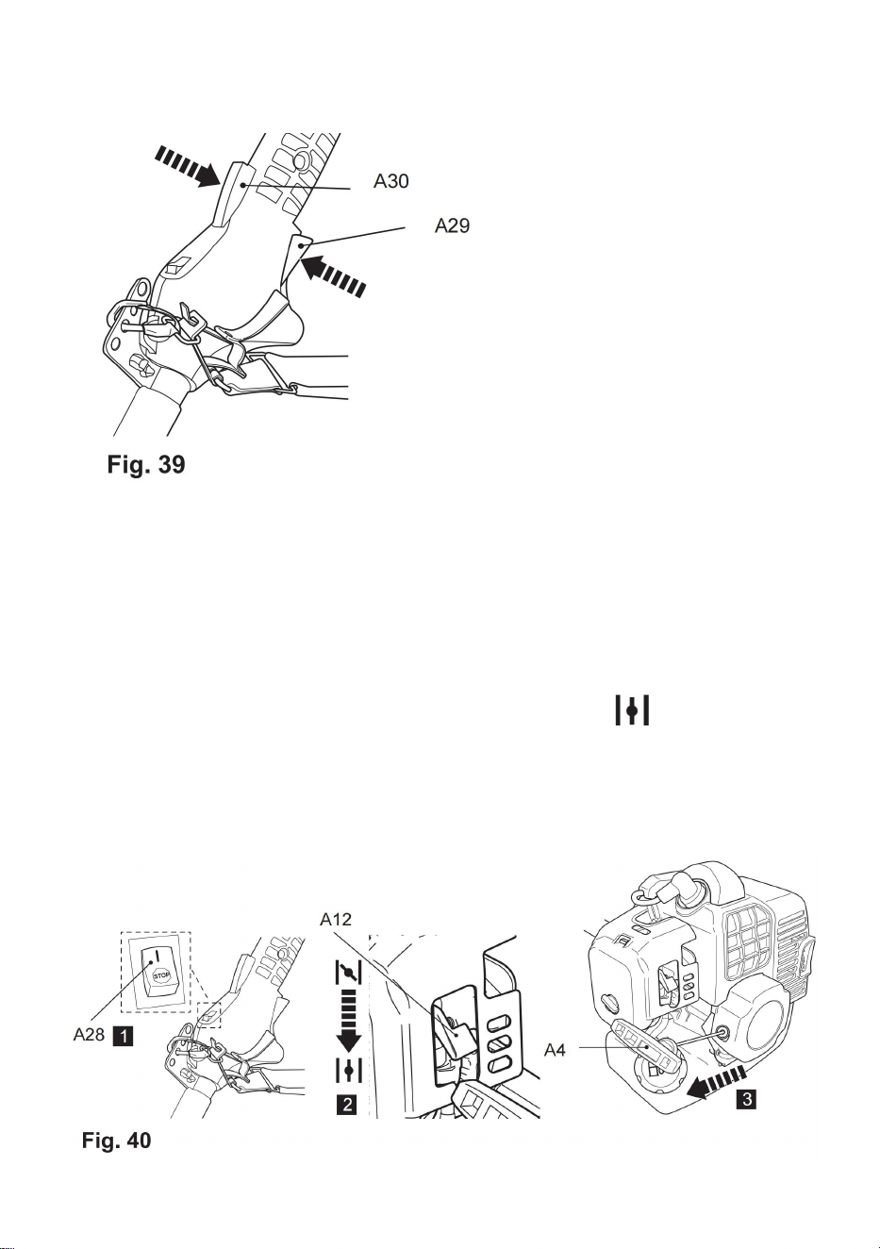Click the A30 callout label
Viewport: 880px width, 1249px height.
(390, 181)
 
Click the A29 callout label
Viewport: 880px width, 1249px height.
(453, 225)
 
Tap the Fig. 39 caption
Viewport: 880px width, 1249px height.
(146, 464)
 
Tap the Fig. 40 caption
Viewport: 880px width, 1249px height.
(117, 1140)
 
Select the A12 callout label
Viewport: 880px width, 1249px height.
(336, 919)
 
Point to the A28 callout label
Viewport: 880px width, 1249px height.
(89, 1034)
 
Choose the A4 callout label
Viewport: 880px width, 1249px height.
(555, 1050)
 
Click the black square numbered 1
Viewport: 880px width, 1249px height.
(123, 1036)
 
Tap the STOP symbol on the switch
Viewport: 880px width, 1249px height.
(161, 975)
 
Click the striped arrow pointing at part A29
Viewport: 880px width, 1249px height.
(335, 275)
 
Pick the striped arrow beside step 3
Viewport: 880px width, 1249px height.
(717, 1079)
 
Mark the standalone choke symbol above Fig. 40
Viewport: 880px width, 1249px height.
(632, 710)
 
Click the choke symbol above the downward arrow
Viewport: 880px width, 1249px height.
(349, 973)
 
